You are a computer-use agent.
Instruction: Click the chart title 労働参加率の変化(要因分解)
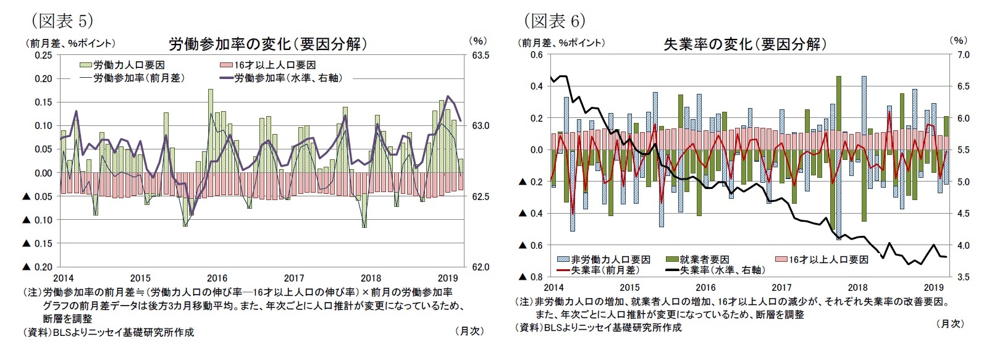tap(268, 44)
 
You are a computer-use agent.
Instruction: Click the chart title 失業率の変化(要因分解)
tap(744, 44)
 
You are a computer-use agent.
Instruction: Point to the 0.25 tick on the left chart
tap(43, 55)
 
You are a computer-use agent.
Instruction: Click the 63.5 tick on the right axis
tap(481, 55)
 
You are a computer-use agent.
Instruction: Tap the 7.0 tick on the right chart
tap(963, 55)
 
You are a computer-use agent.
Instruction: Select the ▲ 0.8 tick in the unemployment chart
tap(530, 277)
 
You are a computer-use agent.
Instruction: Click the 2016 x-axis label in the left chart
tap(217, 278)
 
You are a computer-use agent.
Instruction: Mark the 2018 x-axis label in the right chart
tap(857, 287)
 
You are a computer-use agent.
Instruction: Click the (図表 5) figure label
tap(62, 21)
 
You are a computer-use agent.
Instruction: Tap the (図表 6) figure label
tap(554, 21)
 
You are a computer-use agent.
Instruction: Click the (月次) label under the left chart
tap(469, 331)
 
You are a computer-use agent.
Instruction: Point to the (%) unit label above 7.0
tap(958, 40)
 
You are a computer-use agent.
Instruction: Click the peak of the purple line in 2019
tap(448, 96)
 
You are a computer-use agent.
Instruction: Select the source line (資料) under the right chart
tap(599, 327)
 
